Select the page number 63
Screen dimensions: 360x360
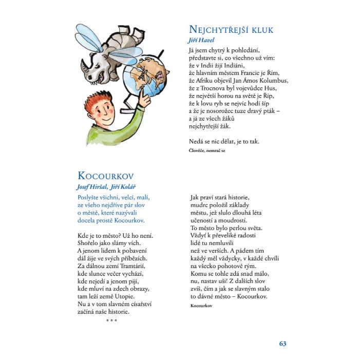pyautogui.click(x=282, y=344)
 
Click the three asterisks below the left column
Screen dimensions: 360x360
pyautogui.click(x=111, y=321)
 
